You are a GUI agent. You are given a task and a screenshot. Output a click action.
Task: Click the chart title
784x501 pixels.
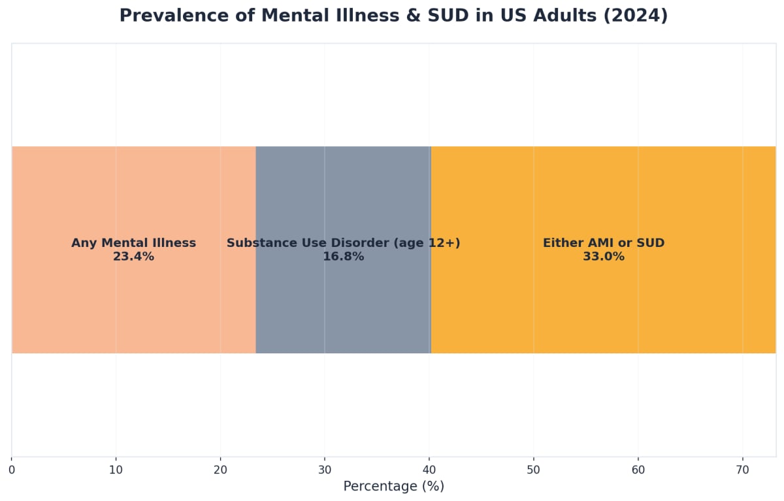pyautogui.click(x=393, y=16)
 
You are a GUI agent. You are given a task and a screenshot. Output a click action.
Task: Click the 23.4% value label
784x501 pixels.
pyautogui.click(x=133, y=257)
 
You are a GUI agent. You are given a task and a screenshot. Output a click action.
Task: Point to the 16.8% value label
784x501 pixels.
pyautogui.click(x=343, y=257)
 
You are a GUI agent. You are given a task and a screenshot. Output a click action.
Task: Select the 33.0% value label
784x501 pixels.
pyautogui.click(x=603, y=257)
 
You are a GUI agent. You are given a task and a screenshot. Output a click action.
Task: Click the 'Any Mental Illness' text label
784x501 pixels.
pyautogui.click(x=133, y=243)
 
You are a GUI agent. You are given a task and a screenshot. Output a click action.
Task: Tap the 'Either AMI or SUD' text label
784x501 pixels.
pyautogui.click(x=603, y=243)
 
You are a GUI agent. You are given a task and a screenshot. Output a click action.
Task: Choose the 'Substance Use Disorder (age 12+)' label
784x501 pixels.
pyautogui.click(x=343, y=243)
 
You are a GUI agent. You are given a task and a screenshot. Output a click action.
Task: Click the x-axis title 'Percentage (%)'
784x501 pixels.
pyautogui.click(x=393, y=487)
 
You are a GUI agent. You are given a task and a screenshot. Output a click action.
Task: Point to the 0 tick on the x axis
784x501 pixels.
pyautogui.click(x=12, y=470)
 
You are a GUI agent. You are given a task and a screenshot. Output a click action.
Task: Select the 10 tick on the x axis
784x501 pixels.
pyautogui.click(x=116, y=470)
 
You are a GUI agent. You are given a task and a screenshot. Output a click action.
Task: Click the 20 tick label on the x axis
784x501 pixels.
pyautogui.click(x=220, y=470)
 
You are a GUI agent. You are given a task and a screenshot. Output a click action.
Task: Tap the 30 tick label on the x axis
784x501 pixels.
pyautogui.click(x=325, y=470)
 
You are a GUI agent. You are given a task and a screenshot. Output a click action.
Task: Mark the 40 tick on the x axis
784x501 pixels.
pyautogui.click(x=429, y=470)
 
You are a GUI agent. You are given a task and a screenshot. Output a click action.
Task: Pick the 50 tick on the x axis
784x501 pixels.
pyautogui.click(x=533, y=470)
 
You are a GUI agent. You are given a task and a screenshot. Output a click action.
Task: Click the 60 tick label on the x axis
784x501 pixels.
pyautogui.click(x=638, y=470)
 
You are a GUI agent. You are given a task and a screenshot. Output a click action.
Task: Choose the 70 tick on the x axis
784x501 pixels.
pyautogui.click(x=742, y=470)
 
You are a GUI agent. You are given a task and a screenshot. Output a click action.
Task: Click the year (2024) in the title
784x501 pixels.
pyautogui.click(x=635, y=16)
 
